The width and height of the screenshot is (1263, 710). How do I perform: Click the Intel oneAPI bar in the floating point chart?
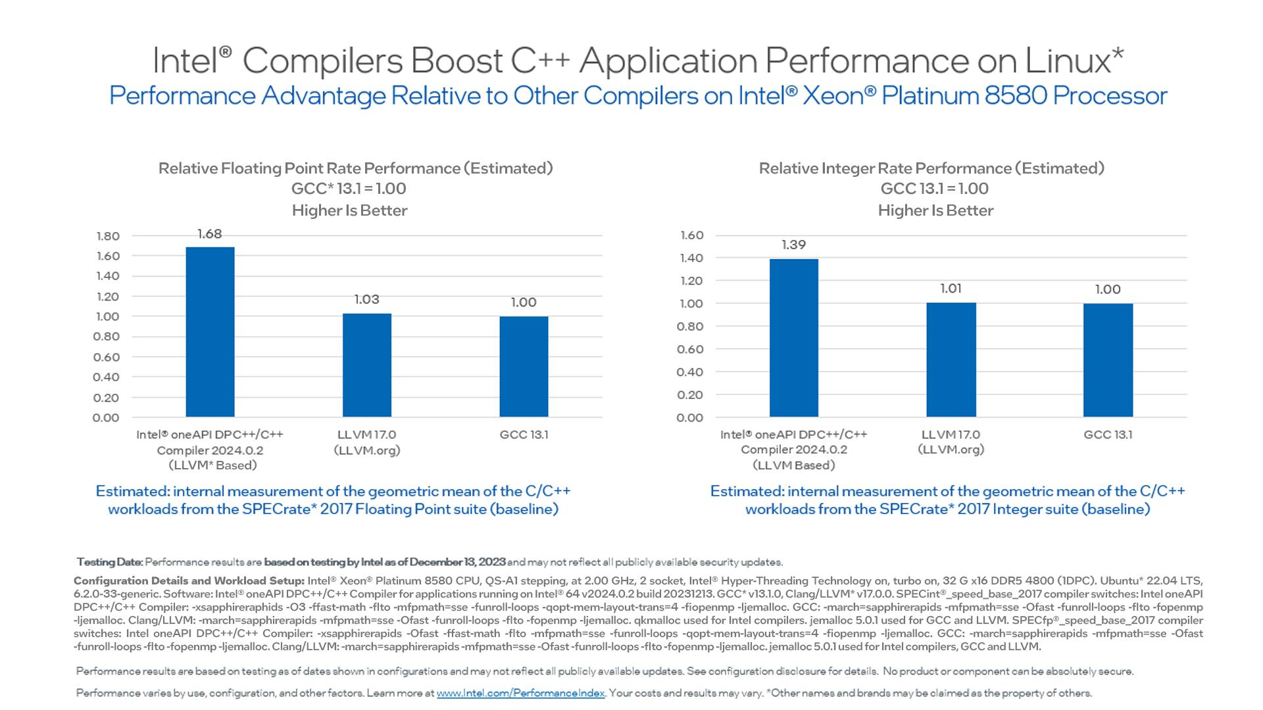pos(210,332)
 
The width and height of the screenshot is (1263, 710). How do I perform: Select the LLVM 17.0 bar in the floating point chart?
pos(366,365)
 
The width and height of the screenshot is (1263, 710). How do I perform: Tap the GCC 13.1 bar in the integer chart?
pos(1108,360)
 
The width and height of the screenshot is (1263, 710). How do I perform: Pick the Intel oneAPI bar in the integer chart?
pos(793,337)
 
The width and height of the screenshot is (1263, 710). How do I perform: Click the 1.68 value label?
pos(209,234)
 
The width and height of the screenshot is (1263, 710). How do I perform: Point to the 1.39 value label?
pos(793,245)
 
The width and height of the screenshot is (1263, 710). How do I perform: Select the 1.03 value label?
pos(366,300)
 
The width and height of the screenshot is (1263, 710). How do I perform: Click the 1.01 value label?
pos(951,289)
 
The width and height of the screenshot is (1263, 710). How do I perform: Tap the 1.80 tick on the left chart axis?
pos(108,236)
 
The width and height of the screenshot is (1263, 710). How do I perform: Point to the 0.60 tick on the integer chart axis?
pos(690,349)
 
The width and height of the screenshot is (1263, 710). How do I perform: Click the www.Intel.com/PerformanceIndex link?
pos(520,693)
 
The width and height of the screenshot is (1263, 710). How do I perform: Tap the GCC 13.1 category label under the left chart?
pos(524,435)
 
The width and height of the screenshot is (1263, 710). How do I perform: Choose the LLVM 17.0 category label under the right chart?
pos(951,435)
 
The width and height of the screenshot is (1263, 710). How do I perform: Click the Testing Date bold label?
pos(109,562)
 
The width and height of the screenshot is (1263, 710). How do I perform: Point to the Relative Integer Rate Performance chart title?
pos(931,168)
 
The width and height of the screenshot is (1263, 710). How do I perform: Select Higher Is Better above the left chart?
pos(349,210)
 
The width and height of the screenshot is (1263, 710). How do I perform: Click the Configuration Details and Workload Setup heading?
pos(189,580)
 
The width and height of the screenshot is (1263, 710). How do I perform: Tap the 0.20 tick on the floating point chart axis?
pos(106,398)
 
